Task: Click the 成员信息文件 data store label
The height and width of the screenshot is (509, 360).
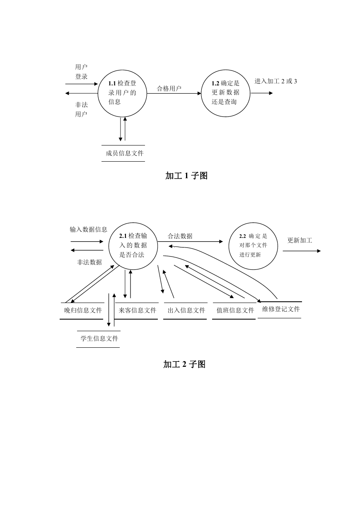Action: [125, 153]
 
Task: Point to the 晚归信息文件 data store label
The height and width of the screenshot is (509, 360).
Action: [83, 310]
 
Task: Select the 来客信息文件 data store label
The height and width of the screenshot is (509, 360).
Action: [138, 310]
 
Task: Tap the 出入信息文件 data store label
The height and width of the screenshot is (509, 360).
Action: [186, 310]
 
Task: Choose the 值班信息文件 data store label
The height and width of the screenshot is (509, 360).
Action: [235, 310]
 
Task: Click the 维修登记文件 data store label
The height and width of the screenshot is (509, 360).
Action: [281, 309]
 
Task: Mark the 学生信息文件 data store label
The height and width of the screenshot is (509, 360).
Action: [99, 339]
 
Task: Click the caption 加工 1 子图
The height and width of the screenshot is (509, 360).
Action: [186, 176]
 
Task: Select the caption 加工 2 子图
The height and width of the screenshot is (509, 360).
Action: [184, 364]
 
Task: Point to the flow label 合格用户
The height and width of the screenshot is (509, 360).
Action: [169, 89]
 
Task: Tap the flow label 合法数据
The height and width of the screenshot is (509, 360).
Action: [180, 236]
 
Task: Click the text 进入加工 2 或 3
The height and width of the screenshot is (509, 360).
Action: [276, 81]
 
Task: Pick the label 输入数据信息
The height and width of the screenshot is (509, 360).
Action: [88, 230]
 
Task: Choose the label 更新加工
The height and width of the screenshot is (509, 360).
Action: [300, 240]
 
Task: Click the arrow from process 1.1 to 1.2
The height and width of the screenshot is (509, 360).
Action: [174, 93]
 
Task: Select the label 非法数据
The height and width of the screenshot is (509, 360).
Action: [89, 262]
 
